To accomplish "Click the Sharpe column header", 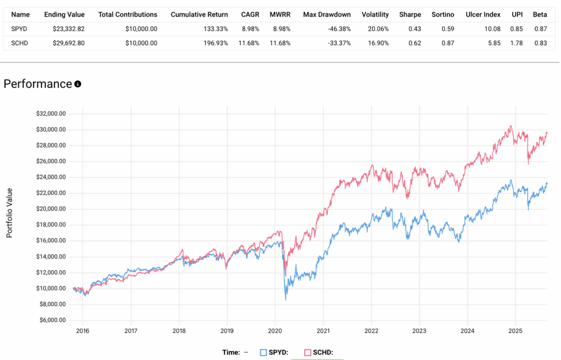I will tap(410, 14).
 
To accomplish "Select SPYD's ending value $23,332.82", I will tap(65, 28).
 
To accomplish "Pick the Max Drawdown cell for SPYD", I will tap(335, 28).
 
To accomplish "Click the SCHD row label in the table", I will tap(20, 43).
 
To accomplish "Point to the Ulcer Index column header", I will tap(483, 14).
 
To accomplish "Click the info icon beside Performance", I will tap(78, 84).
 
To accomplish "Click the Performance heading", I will tap(37, 84).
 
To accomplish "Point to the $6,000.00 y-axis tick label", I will tap(51, 320).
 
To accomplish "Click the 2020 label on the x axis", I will tap(275, 331).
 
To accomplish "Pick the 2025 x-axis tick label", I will tap(515, 331).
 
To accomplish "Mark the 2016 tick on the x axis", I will tap(83, 331).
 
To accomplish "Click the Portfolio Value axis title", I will tap(9, 213).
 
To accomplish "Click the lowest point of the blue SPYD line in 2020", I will tap(286, 300).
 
